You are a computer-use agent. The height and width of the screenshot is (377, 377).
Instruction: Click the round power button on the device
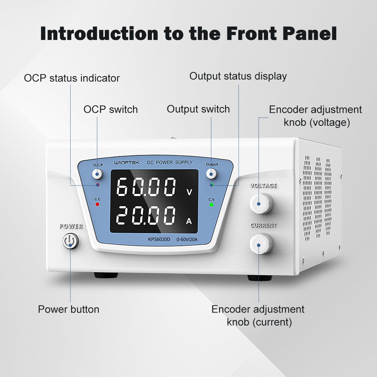70,241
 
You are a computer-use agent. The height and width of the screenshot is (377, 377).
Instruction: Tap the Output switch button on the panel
211,174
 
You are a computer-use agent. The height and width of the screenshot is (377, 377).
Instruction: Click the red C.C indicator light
97,204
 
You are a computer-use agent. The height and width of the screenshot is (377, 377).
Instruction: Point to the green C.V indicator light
211,204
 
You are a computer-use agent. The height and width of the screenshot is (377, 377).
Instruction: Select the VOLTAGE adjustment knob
260,203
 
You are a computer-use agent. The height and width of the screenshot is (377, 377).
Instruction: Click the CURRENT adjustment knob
260,244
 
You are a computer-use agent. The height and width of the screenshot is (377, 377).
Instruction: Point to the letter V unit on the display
189,192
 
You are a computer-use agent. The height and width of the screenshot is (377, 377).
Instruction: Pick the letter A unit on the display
189,221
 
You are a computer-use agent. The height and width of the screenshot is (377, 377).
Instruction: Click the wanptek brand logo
127,163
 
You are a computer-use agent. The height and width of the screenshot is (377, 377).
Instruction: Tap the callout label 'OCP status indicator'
72,78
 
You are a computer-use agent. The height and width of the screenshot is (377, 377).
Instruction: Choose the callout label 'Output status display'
238,76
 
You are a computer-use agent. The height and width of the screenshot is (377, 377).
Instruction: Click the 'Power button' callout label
69,310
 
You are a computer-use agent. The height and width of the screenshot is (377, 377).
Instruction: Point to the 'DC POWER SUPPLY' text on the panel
170,162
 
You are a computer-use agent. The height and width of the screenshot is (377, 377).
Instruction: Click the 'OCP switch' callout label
110,109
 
